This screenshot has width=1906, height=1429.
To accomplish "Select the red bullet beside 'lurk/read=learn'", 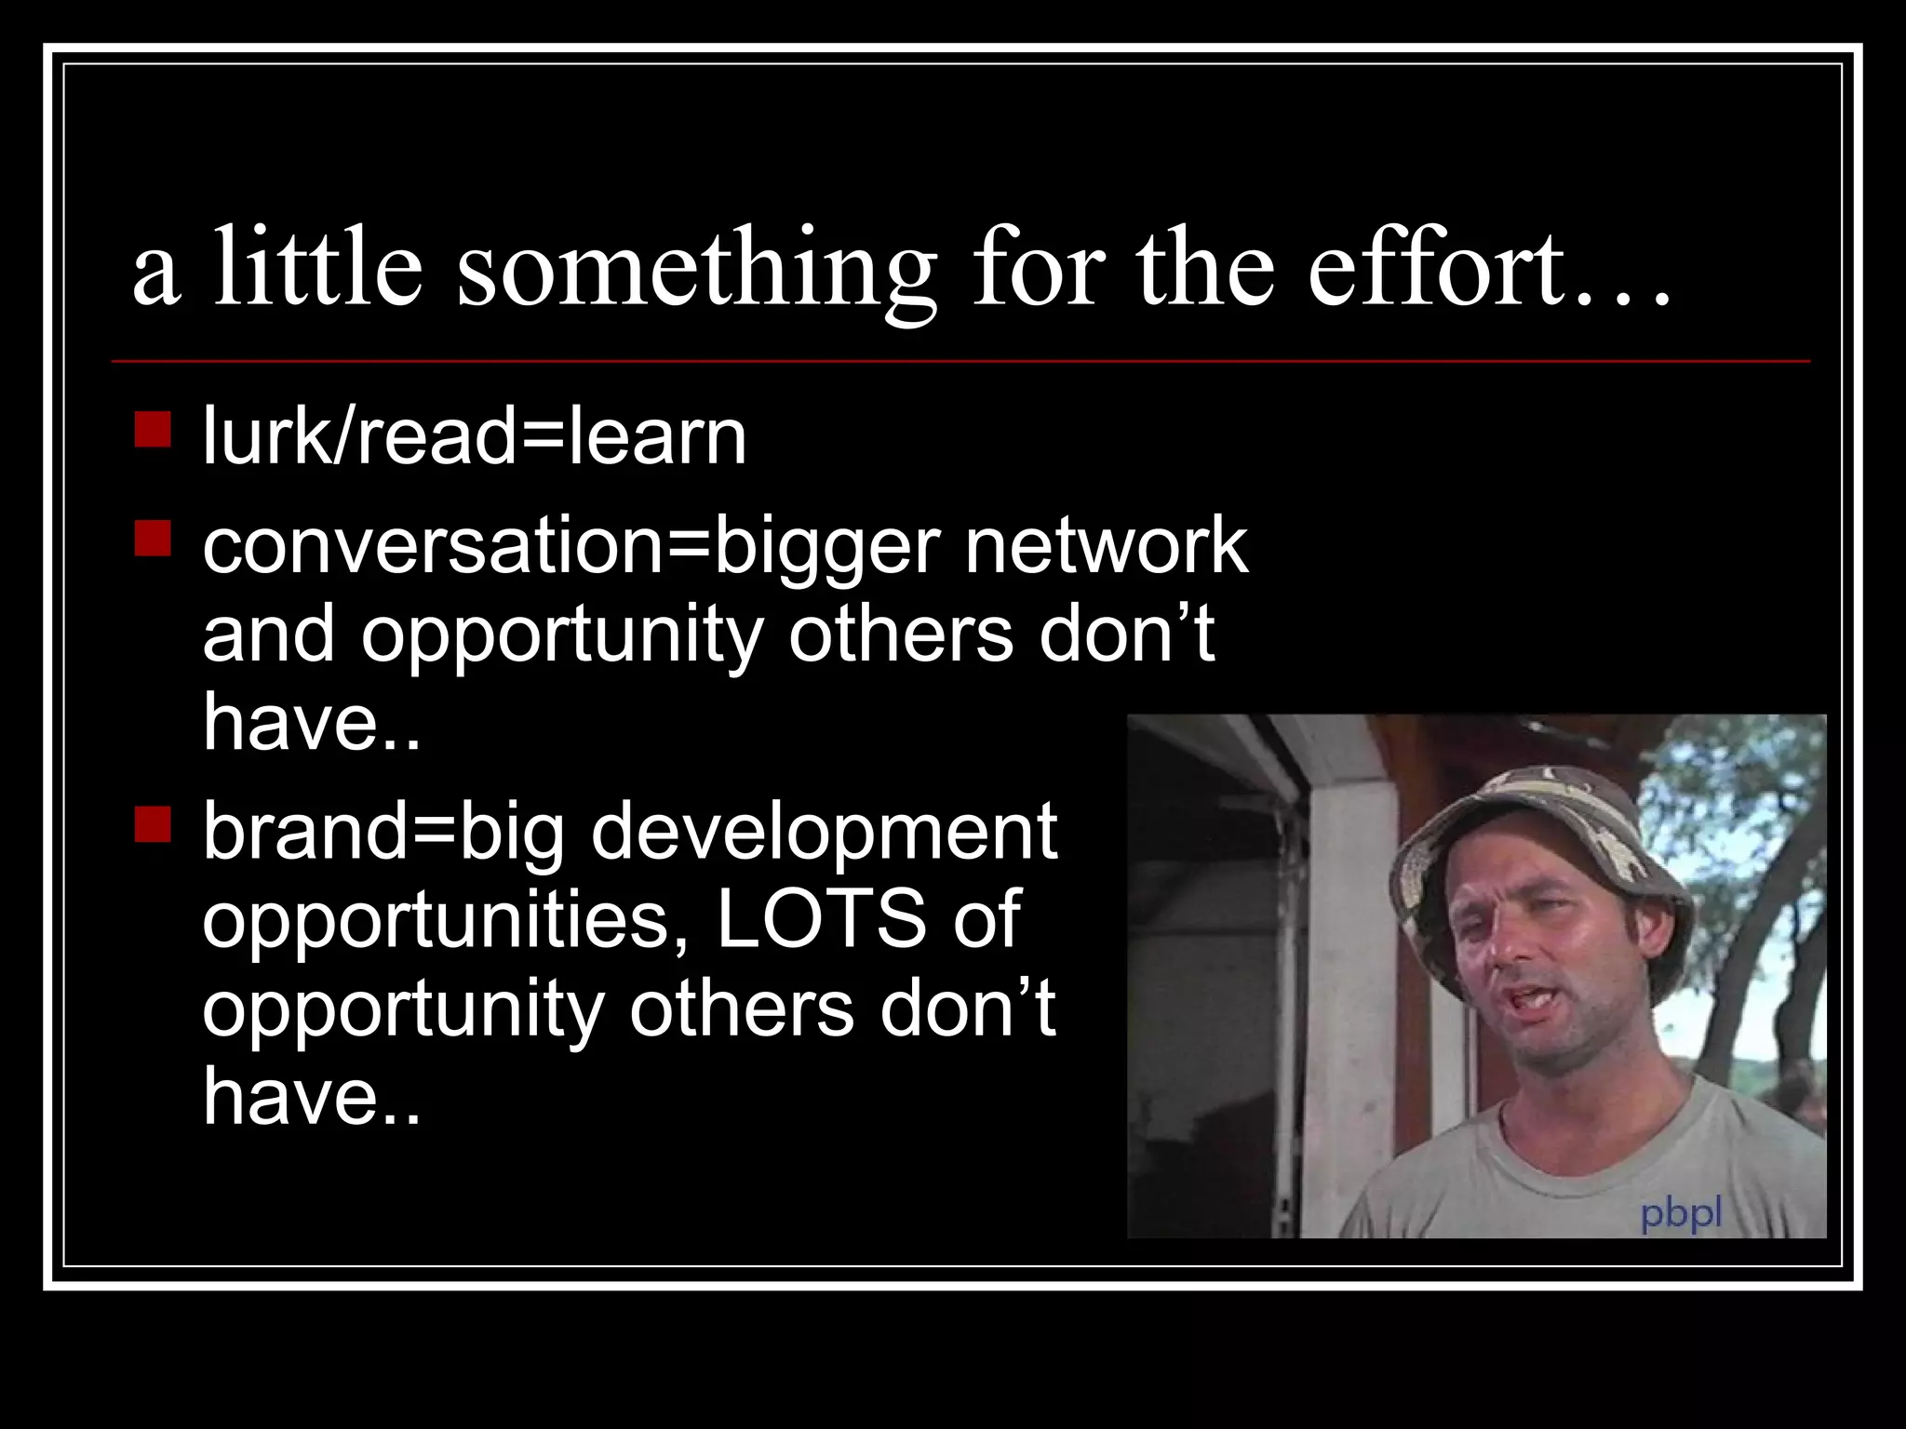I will coord(153,431).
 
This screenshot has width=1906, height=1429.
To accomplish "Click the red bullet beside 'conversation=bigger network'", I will coord(153,539).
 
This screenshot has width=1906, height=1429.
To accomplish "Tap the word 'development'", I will coord(824,831).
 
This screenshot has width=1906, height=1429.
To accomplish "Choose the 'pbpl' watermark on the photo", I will coord(1681,1213).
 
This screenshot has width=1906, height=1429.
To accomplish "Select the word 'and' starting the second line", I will coord(267,634).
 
